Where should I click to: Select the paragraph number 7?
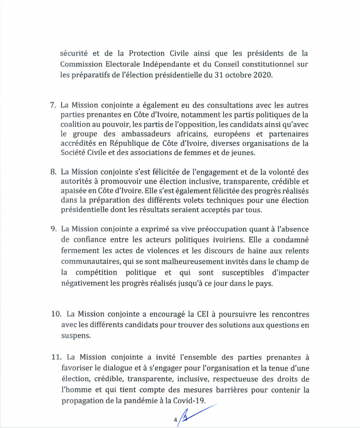coord(53,105)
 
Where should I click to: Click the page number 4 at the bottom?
coord(175,420)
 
